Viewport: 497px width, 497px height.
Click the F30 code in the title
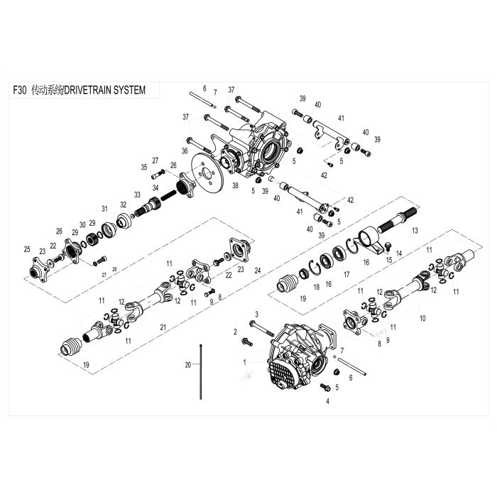point(20,90)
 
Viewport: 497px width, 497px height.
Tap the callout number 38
point(235,186)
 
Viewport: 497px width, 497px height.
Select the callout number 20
point(188,365)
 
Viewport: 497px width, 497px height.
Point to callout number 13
point(415,231)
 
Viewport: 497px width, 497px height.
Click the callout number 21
point(163,327)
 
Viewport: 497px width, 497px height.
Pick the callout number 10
point(422,318)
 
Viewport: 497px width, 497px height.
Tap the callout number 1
point(244,362)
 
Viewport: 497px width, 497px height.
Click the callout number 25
point(27,249)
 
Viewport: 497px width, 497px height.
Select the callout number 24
point(258,271)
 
